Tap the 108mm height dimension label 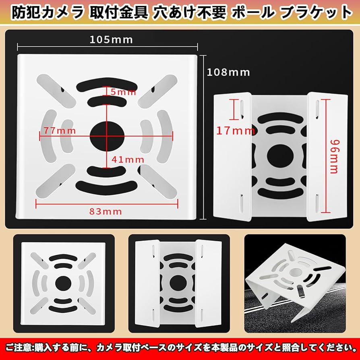pyautogui.click(x=228, y=72)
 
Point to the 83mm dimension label pyautogui.click(x=107, y=211)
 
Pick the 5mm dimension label pyautogui.click(x=123, y=92)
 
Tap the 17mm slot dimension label pyautogui.click(x=236, y=130)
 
